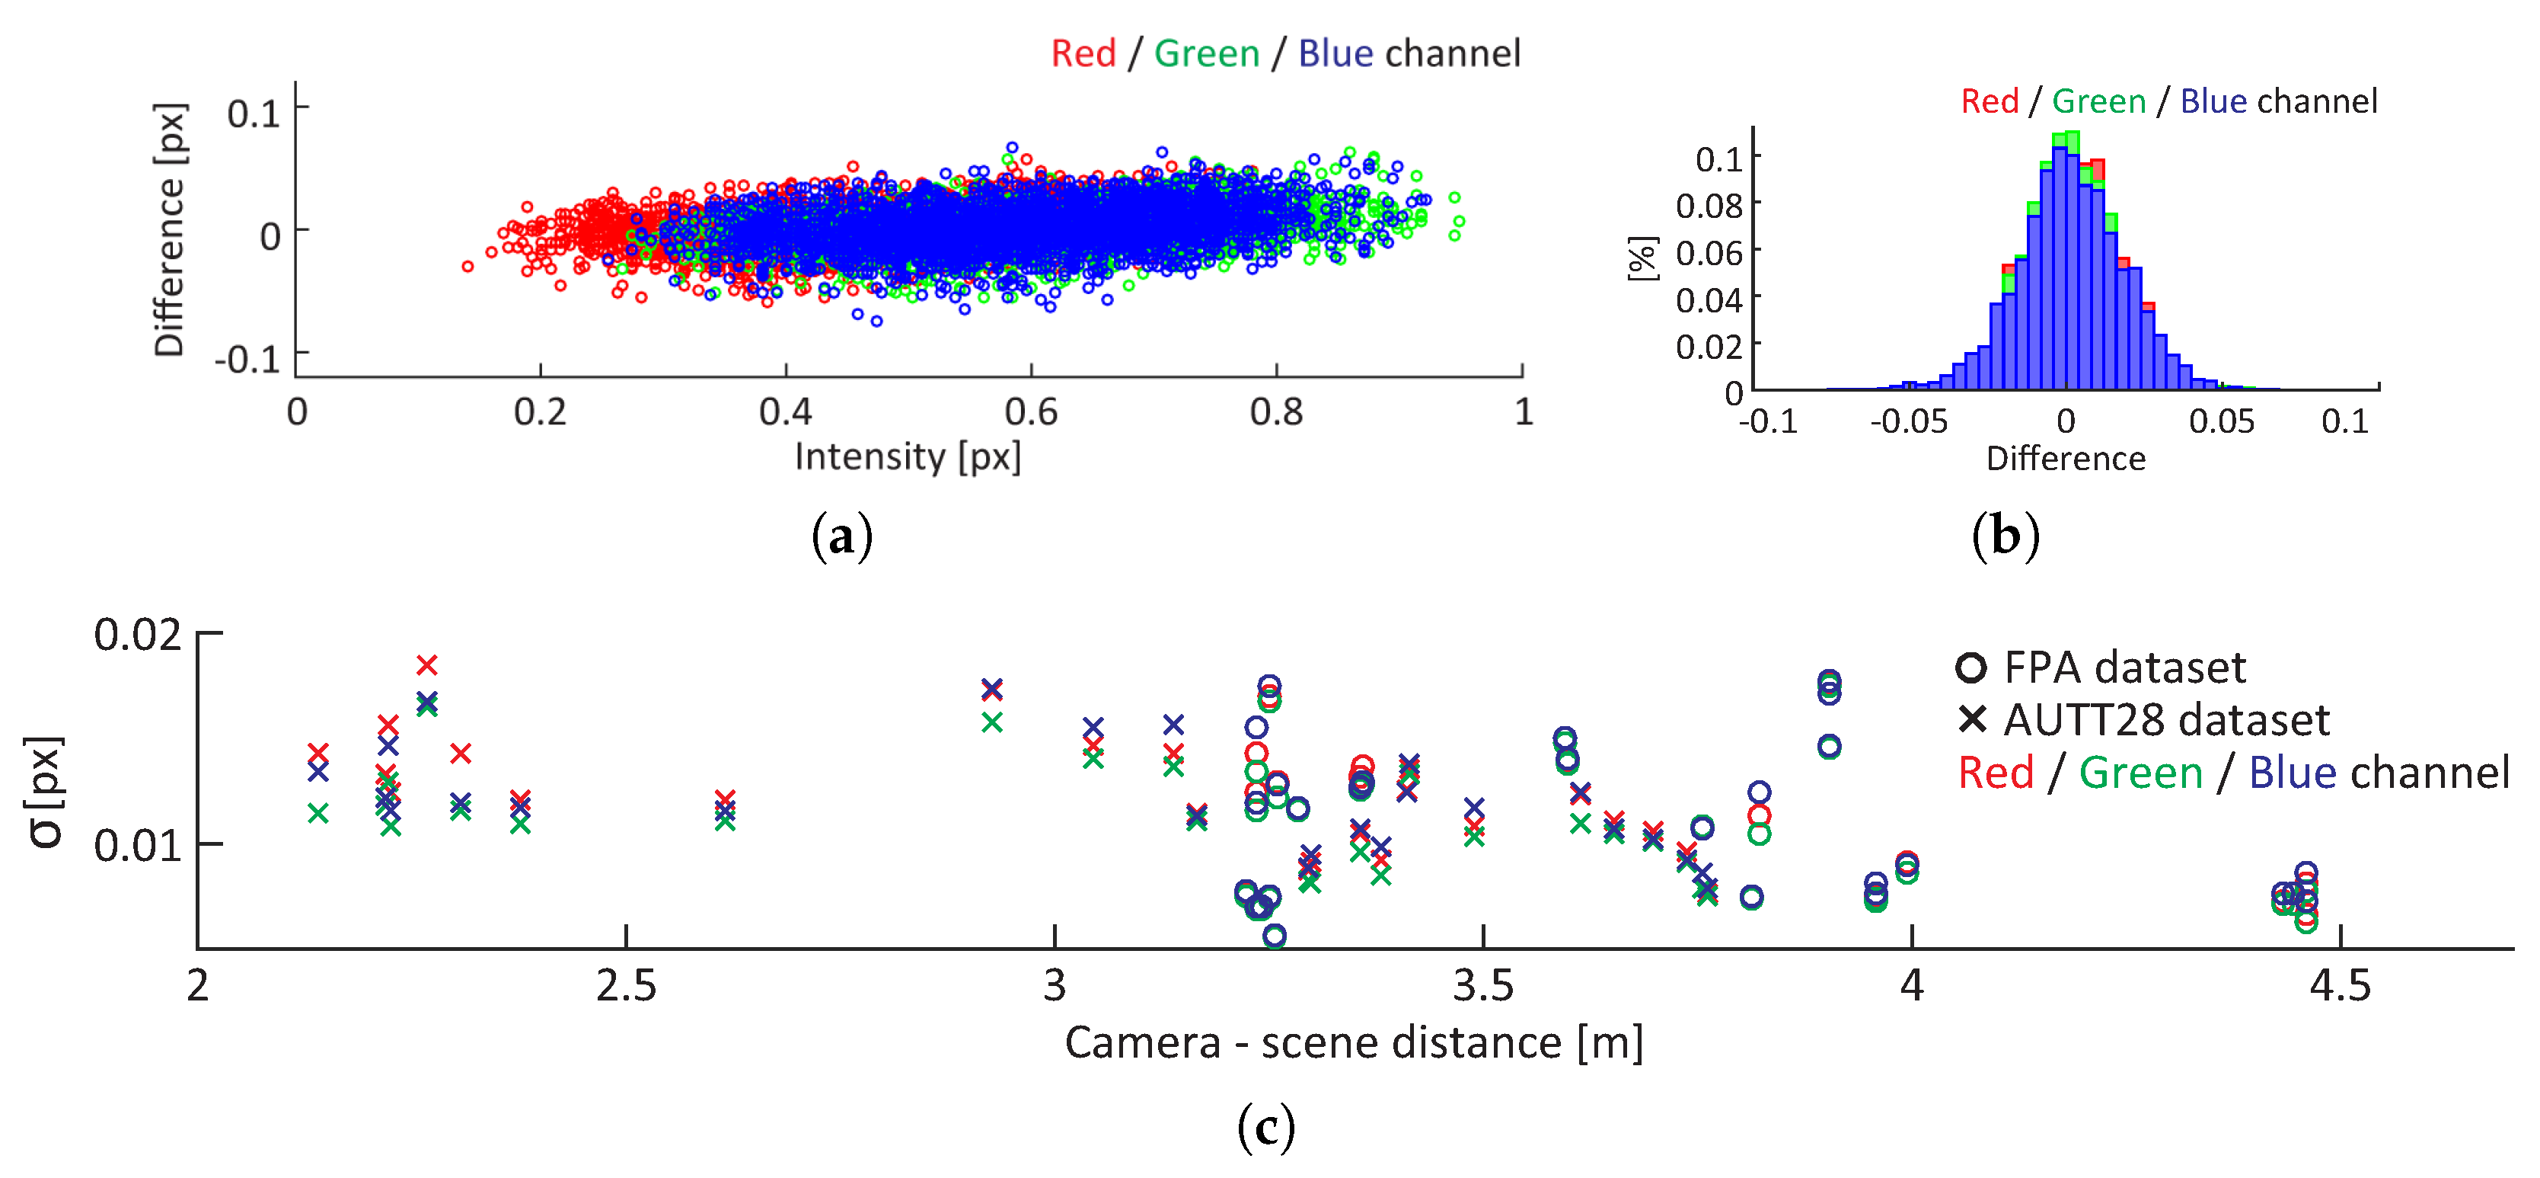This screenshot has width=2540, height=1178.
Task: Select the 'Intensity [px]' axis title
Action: click(907, 456)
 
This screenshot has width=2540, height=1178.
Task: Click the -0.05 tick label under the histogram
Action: click(1908, 421)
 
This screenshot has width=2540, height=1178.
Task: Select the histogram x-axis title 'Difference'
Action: click(2065, 459)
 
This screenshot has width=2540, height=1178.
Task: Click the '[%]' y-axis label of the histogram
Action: click(1642, 258)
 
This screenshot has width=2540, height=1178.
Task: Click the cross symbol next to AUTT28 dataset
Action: click(1972, 719)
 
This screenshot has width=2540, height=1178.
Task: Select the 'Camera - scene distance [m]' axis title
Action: click(1353, 1043)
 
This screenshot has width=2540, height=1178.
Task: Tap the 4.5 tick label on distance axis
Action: click(2339, 986)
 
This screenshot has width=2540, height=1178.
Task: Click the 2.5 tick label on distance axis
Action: click(625, 986)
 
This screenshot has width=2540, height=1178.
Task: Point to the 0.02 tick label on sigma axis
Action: click(137, 635)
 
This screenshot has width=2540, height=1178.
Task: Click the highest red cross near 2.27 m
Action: click(426, 665)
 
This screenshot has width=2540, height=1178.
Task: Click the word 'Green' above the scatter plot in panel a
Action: click(1206, 53)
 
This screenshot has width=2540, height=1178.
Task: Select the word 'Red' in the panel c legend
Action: click(1995, 773)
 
